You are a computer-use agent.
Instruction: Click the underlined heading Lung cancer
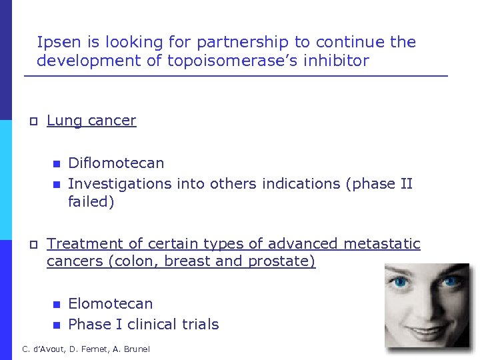[91, 121]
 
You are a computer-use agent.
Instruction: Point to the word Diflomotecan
[116, 163]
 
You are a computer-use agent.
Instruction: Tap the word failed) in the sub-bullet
[91, 202]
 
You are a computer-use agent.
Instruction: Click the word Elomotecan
[111, 304]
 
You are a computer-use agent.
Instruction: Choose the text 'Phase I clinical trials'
[143, 325]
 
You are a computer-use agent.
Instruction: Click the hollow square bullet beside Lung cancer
[32, 121]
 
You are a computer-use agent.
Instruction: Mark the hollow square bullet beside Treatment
[32, 245]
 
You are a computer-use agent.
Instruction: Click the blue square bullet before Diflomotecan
[56, 164]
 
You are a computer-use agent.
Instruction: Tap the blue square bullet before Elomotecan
[56, 305]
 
